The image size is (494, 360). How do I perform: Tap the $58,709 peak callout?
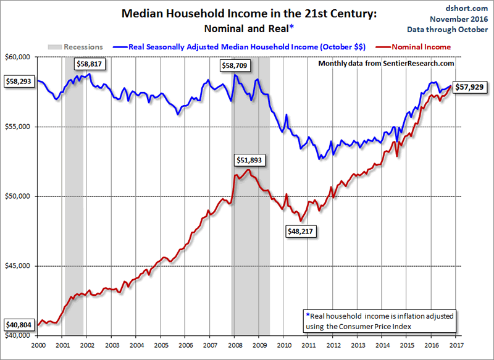(237, 64)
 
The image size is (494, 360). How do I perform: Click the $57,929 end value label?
(469, 88)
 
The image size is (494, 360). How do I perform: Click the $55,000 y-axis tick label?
(19, 127)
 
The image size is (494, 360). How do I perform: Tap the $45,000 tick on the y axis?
(19, 266)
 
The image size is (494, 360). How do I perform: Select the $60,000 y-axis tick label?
(19, 57)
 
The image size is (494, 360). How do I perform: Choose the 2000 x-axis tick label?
(38, 345)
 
